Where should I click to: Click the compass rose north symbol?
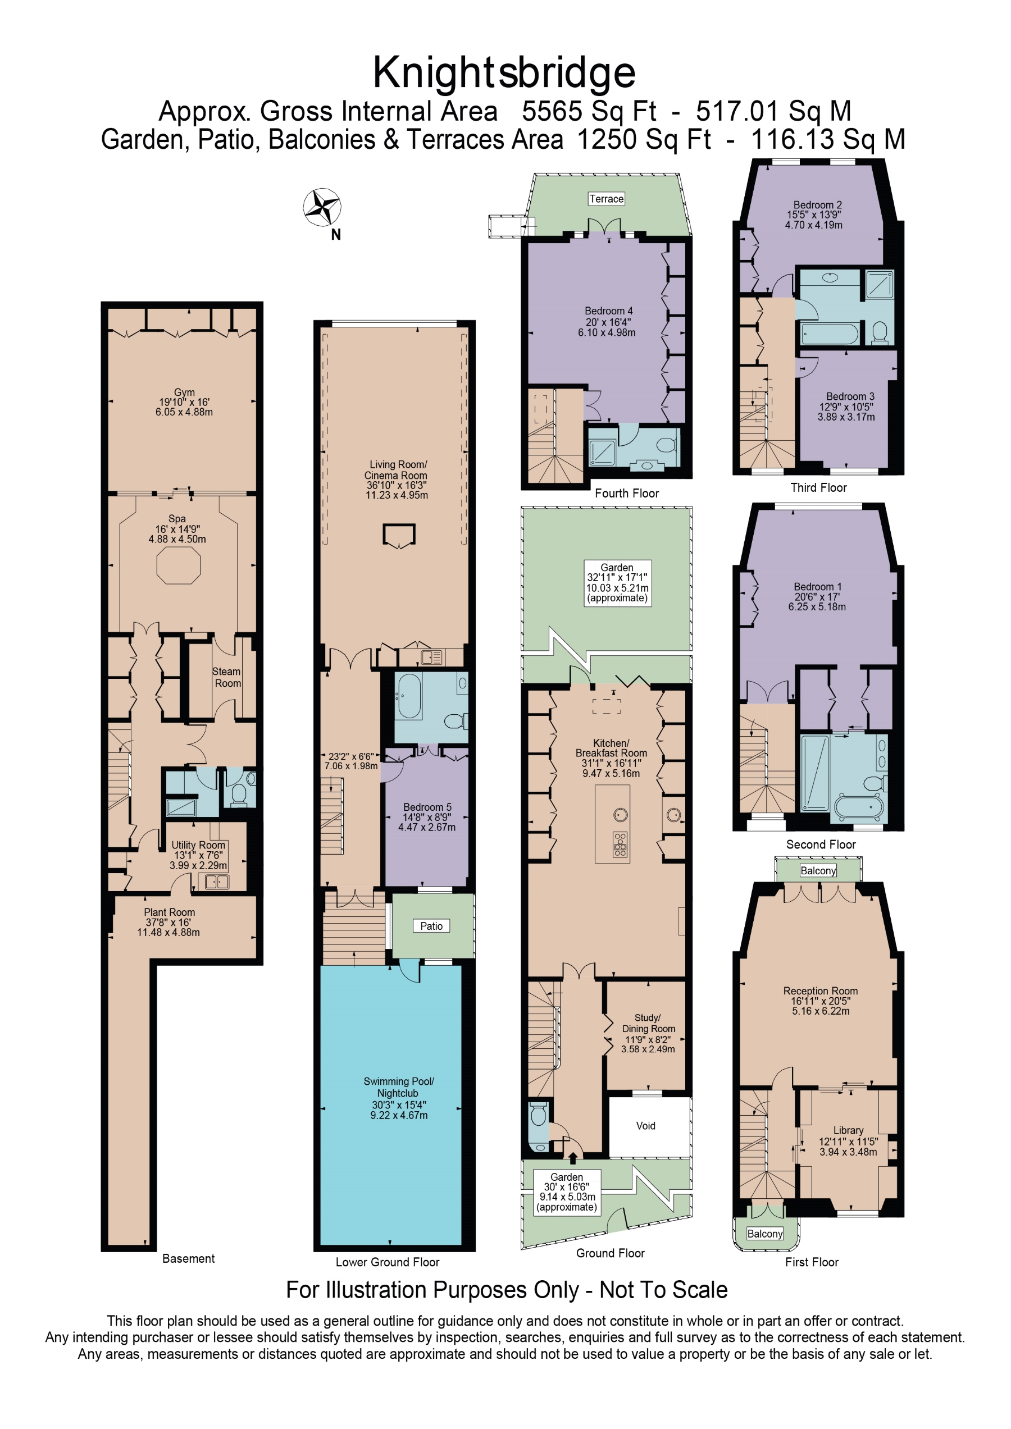point(322,207)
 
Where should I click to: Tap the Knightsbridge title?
point(504,73)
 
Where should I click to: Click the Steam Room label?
point(227,677)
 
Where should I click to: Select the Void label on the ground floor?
point(645,1125)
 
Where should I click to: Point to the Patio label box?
point(431,925)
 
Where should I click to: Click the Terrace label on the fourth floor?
point(607,199)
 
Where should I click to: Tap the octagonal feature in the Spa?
point(179,567)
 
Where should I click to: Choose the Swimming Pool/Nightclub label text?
point(398,1086)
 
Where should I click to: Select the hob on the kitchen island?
point(620,844)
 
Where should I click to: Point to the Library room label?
point(849,1130)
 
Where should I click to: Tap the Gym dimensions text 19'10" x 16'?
point(184,402)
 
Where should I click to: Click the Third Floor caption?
point(819,487)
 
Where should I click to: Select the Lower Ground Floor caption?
point(387,1262)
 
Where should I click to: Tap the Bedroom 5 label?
point(427,807)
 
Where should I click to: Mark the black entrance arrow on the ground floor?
point(573,1158)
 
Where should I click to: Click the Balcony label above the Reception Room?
point(818,870)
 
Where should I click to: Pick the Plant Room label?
point(169,912)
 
